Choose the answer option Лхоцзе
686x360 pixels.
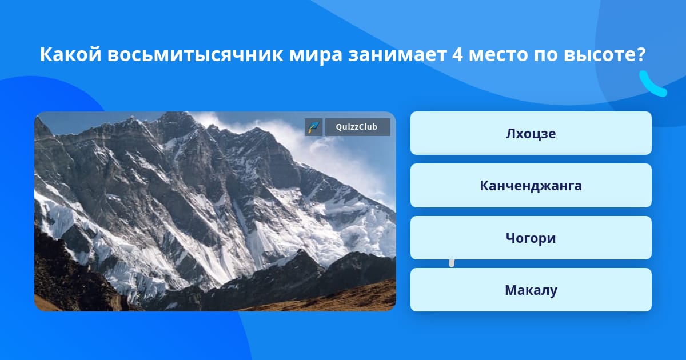[531, 133]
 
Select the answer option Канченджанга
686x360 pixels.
[531, 186]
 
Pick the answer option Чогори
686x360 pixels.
[531, 238]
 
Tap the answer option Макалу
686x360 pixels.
[531, 290]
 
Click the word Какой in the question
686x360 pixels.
[71, 54]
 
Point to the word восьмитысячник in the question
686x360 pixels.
[196, 55]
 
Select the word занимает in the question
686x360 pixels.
[397, 55]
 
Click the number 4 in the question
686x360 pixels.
[457, 54]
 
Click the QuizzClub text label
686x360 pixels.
[357, 127]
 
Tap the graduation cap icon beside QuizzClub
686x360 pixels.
[314, 127]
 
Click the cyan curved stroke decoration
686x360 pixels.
[652, 84]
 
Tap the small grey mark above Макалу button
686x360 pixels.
[452, 263]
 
